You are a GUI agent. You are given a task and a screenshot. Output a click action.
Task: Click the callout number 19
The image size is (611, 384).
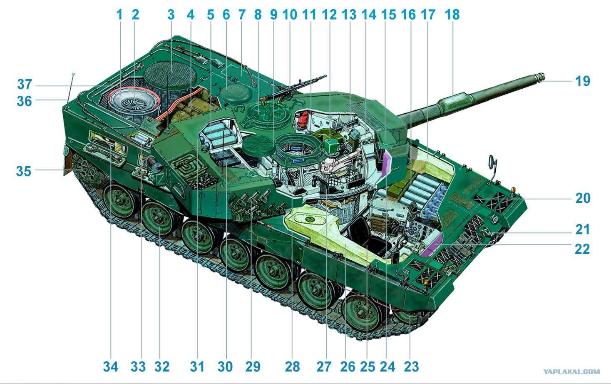click(583, 81)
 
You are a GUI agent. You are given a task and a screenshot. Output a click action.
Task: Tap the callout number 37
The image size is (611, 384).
click(25, 84)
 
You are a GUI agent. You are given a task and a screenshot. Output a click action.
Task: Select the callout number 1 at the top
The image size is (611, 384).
click(119, 15)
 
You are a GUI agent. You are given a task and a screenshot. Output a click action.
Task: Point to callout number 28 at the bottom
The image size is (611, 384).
click(293, 367)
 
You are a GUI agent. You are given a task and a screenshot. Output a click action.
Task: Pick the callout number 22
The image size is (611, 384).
click(583, 249)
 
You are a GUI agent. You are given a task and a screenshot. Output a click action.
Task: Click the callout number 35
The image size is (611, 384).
click(24, 171)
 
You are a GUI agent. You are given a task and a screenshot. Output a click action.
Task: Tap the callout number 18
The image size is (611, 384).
click(452, 15)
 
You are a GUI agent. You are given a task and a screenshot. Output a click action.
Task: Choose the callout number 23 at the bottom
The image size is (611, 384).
click(411, 367)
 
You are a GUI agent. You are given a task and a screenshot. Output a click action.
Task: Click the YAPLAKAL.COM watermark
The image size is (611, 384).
click(571, 372)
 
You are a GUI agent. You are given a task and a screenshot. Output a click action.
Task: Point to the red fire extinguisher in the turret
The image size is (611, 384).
click(302, 118)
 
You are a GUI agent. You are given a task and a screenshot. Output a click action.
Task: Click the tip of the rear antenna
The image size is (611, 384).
click(73, 74)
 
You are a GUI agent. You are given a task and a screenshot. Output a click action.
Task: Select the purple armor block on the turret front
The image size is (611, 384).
click(386, 164)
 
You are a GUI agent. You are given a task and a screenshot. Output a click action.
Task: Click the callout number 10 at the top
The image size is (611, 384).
click(289, 15)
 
